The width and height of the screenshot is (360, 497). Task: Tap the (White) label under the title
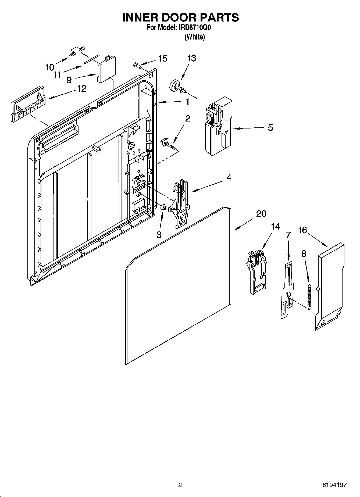195,37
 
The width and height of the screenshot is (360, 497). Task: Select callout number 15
163,58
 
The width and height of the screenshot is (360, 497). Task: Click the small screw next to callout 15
137,65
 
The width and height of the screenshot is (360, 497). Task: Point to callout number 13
191,58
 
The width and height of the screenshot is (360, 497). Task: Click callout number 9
69,80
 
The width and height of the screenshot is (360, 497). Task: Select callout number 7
288,235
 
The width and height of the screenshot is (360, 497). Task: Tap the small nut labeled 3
163,208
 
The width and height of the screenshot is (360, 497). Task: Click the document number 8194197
334,485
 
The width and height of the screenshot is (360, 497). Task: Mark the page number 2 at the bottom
180,485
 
